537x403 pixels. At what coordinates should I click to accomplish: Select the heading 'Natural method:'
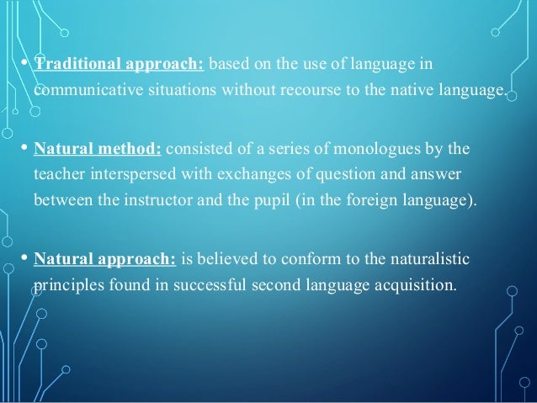pos(98,150)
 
